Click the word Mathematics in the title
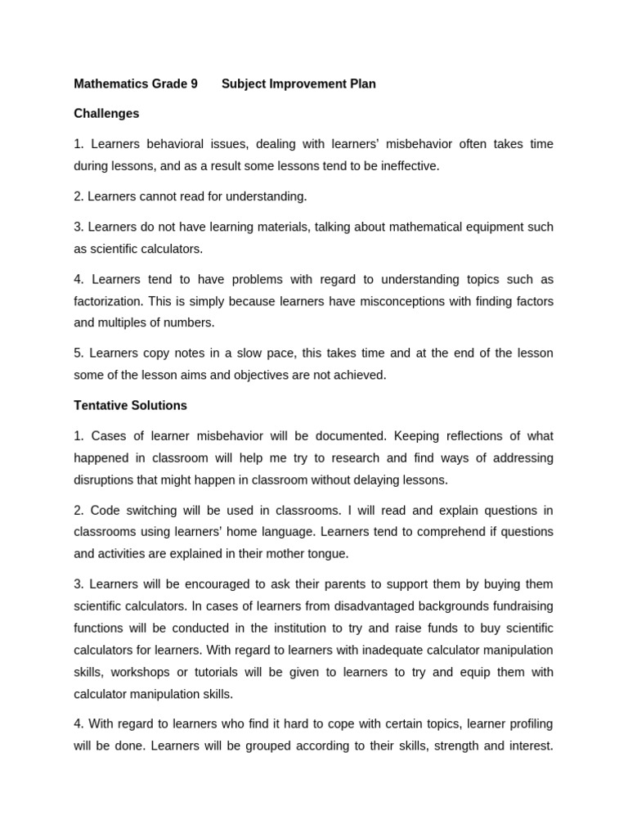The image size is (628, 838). pyautogui.click(x=110, y=83)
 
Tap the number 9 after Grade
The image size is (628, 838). pyautogui.click(x=194, y=83)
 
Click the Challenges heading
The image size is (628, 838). pyautogui.click(x=106, y=114)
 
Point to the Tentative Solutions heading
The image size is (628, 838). pyautogui.click(x=130, y=405)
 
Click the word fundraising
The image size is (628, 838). pyautogui.click(x=521, y=606)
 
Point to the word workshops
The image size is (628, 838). pyautogui.click(x=139, y=672)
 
